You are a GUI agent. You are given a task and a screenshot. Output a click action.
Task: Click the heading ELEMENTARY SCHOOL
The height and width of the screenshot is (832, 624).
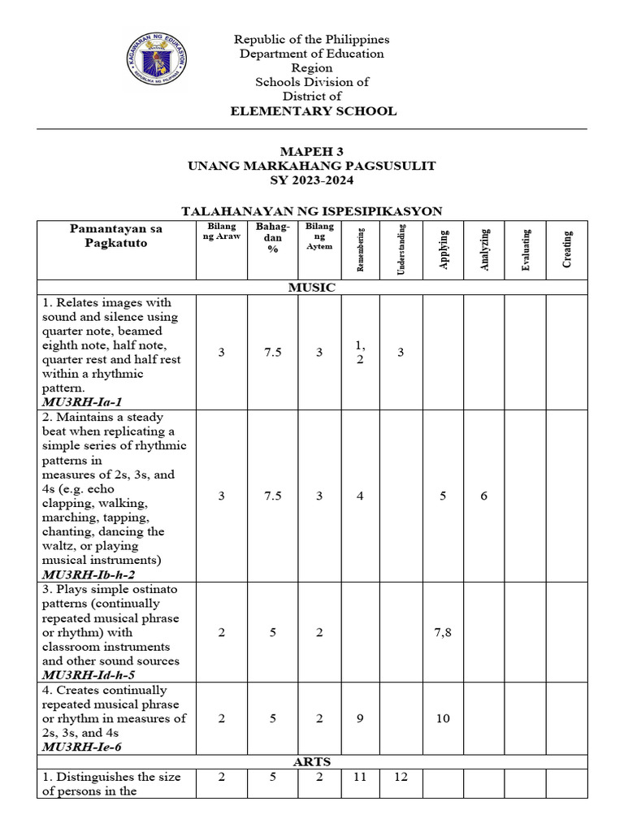tap(312, 111)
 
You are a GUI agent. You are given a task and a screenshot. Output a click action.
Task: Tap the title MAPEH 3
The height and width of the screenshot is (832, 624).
tap(312, 151)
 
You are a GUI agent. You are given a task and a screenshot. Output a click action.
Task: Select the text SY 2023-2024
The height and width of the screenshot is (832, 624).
tap(312, 180)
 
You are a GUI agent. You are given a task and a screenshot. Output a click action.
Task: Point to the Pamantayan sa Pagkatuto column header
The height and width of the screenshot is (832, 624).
tap(116, 236)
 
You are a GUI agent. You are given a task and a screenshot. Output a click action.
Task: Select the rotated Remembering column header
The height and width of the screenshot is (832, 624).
tap(361, 249)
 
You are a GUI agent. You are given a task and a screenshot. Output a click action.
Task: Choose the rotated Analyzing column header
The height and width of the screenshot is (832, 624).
tap(484, 249)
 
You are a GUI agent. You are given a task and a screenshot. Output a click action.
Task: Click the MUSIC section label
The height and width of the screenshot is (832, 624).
tap(312, 288)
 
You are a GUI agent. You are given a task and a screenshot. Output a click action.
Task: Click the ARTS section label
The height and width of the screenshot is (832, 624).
tap(312, 762)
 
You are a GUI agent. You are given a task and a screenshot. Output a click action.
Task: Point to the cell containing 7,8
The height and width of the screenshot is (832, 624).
tap(443, 632)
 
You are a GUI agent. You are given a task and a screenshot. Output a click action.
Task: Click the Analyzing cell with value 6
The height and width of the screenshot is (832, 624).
tap(484, 496)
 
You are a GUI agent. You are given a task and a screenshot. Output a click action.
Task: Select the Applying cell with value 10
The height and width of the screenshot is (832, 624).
tap(443, 718)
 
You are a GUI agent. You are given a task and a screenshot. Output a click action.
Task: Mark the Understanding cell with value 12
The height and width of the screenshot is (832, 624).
tap(401, 778)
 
